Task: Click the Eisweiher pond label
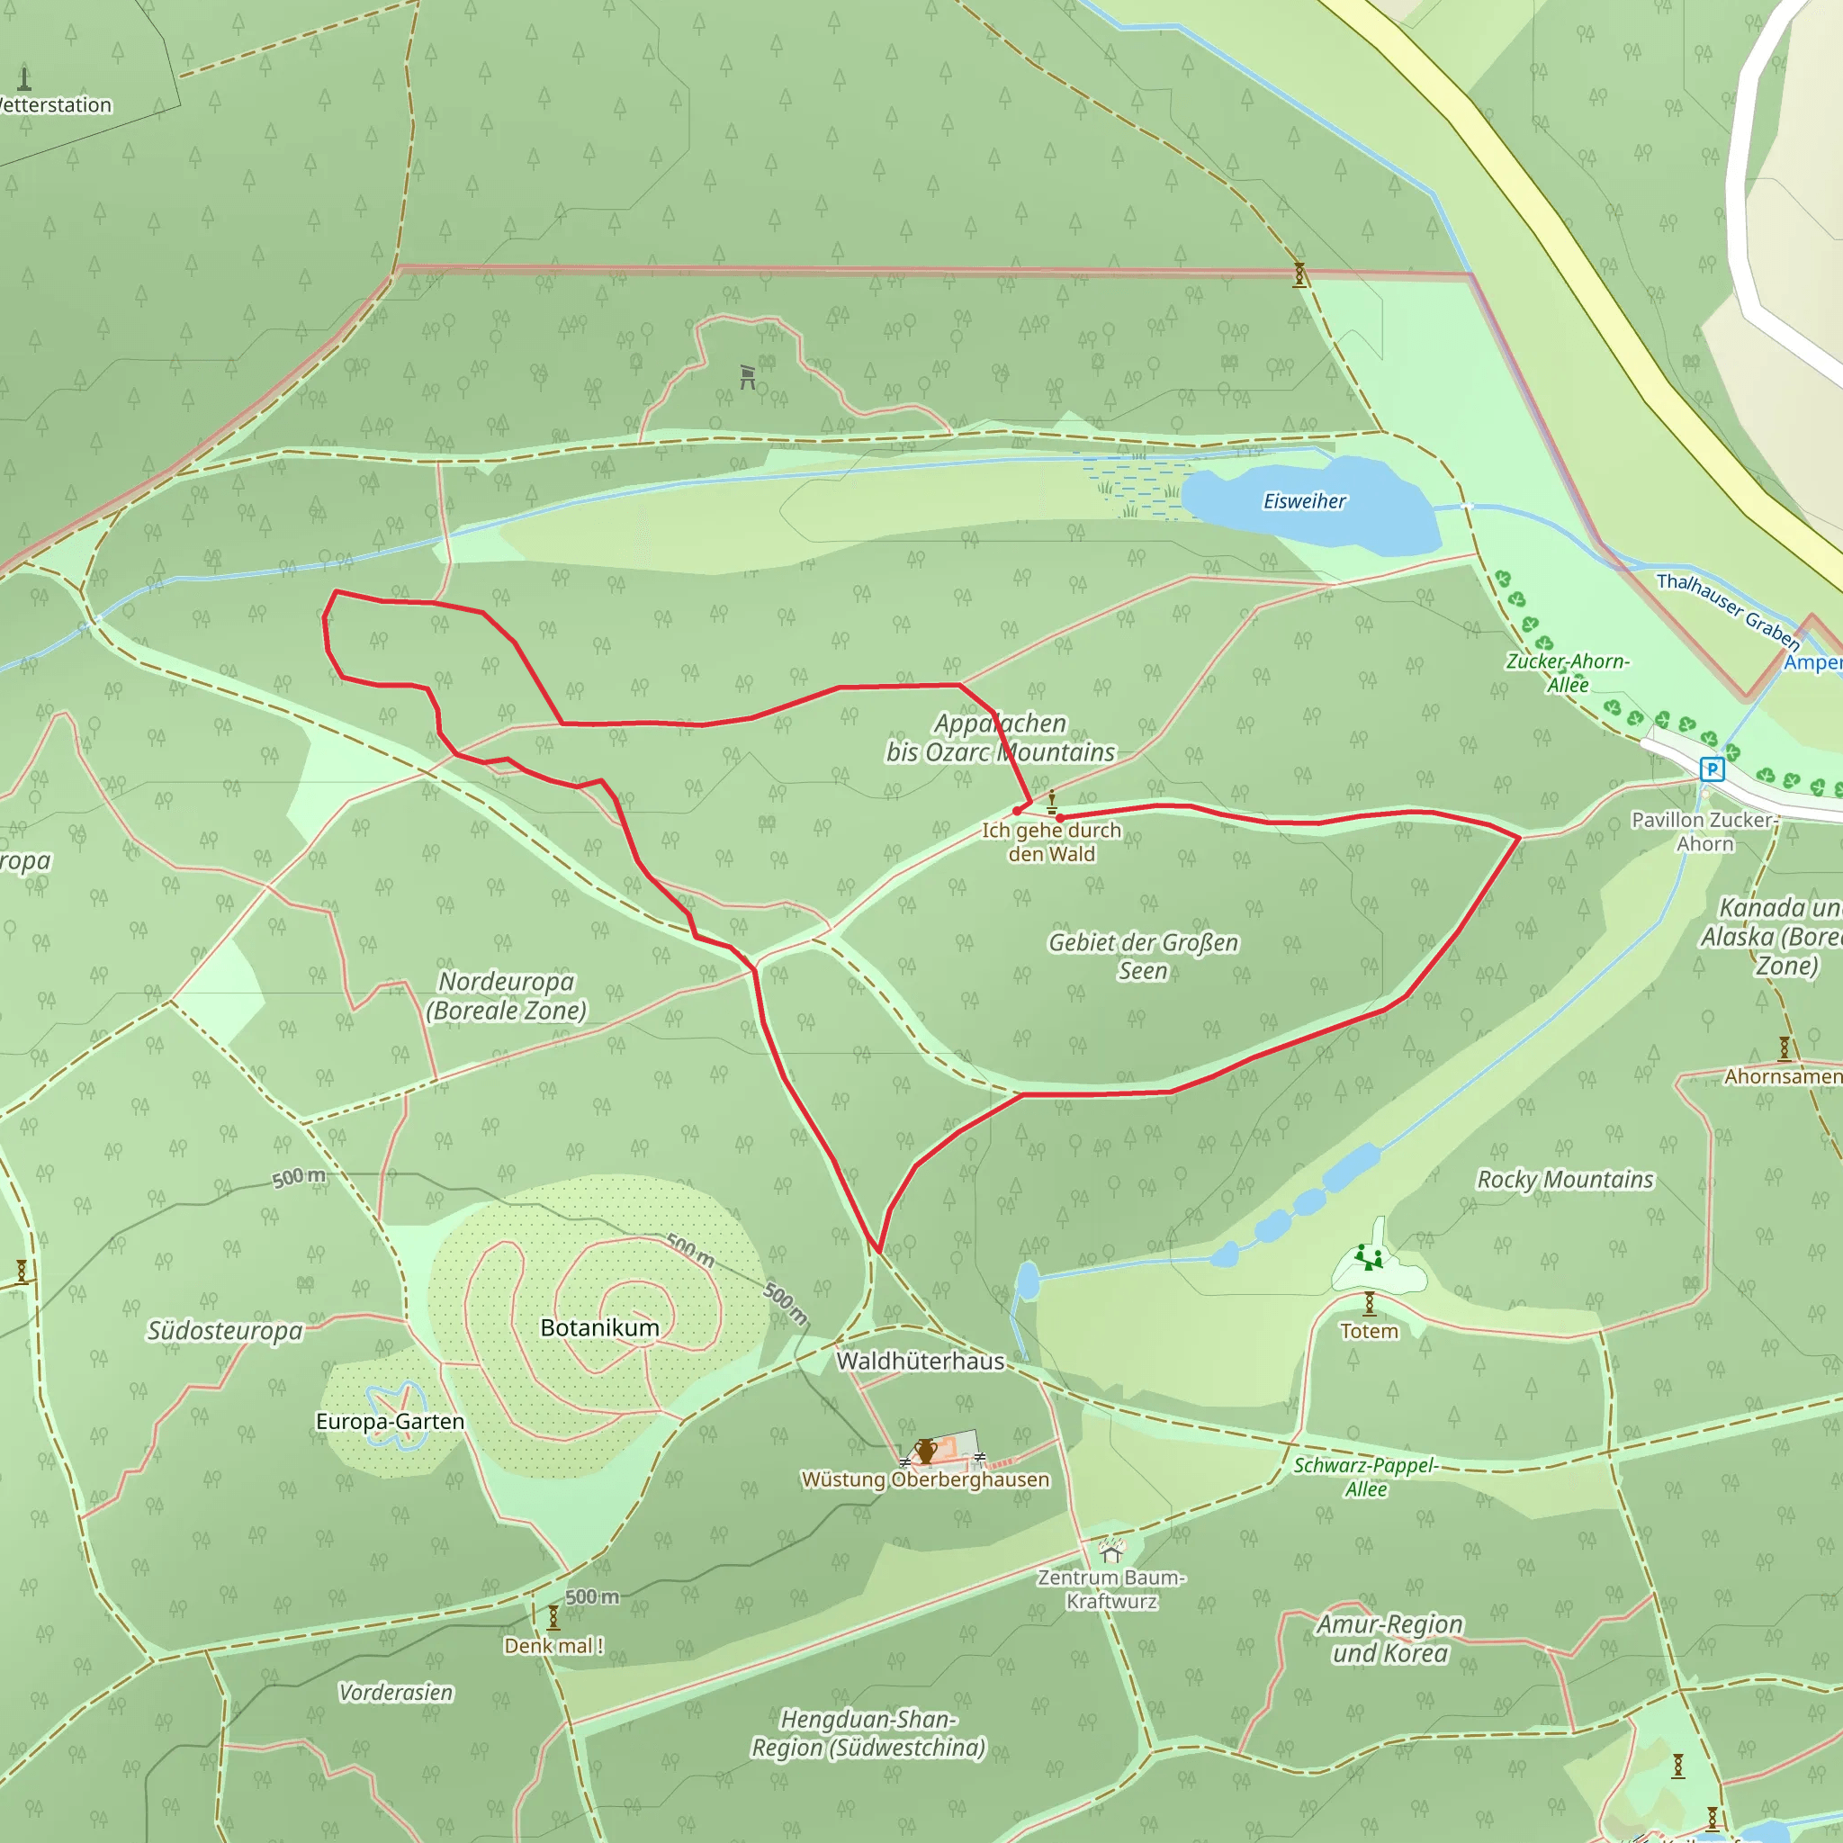[x=1304, y=501]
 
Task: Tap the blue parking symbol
[x=1713, y=769]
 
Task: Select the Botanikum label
[x=599, y=1328]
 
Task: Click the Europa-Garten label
[x=391, y=1421]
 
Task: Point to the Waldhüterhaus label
[x=921, y=1362]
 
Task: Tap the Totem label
[x=1369, y=1331]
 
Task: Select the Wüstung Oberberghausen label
[x=925, y=1479]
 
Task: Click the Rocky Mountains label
[x=1564, y=1180]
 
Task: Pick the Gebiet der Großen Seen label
[x=1143, y=956]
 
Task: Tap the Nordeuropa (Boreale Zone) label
[x=506, y=996]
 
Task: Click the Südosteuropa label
[x=224, y=1331]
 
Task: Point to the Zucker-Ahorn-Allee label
[x=1568, y=672]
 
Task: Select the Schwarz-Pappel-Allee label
[x=1365, y=1477]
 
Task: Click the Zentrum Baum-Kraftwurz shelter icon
[x=1110, y=1551]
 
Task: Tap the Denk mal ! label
[x=553, y=1646]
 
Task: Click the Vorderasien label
[x=396, y=1693]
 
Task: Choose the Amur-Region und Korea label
[x=1389, y=1639]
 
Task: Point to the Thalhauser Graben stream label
[x=1728, y=610]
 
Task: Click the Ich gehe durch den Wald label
[x=1051, y=842]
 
